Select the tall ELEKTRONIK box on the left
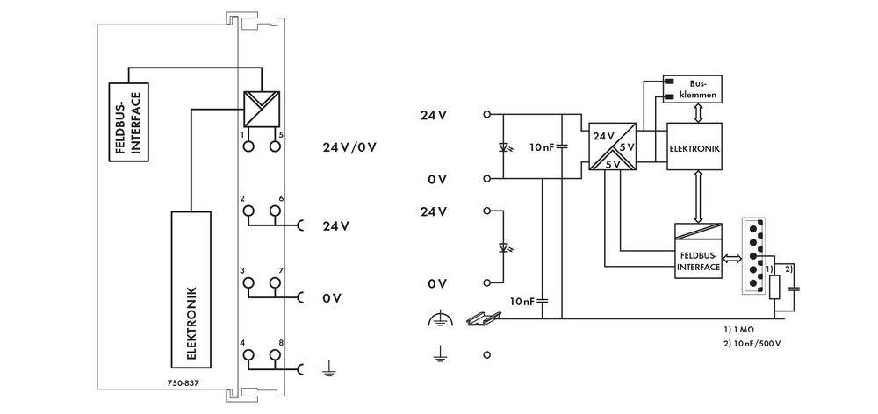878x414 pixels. (191, 289)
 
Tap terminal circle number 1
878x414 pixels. (249, 146)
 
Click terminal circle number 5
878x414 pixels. (275, 146)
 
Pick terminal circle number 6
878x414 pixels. (275, 211)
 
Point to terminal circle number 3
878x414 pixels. (249, 282)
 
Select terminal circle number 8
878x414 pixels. (275, 354)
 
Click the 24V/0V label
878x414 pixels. (349, 146)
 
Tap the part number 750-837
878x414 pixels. (184, 383)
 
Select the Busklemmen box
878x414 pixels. (694, 88)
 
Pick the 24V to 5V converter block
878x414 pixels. (612, 146)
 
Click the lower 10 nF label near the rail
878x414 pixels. (522, 301)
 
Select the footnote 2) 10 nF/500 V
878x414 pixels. (752, 343)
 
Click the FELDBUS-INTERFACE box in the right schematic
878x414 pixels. (698, 252)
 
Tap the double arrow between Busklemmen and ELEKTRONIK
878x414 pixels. (694, 111)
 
